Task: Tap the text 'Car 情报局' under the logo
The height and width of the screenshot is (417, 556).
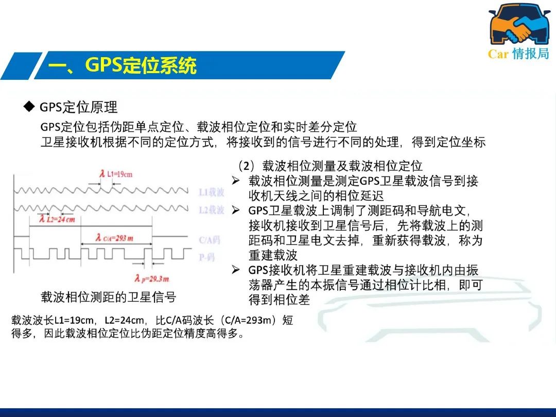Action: (x=518, y=54)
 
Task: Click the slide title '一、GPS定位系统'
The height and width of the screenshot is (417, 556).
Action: (x=123, y=65)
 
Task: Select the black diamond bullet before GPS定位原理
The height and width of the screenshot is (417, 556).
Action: (x=29, y=106)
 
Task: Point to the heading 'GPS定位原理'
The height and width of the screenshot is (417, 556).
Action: (x=78, y=107)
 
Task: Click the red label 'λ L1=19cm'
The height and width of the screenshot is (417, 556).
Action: (x=116, y=174)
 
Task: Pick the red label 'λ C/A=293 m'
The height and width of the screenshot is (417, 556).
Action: (x=114, y=237)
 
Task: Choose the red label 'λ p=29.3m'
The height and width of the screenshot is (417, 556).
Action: (x=152, y=279)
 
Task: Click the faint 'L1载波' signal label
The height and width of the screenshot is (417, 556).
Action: (x=212, y=192)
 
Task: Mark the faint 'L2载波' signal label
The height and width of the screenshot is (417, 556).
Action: (x=212, y=210)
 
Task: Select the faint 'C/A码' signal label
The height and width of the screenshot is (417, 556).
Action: (x=209, y=240)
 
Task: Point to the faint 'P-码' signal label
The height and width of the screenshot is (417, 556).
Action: (x=207, y=257)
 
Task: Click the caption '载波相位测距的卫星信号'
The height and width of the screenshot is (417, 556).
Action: (x=109, y=297)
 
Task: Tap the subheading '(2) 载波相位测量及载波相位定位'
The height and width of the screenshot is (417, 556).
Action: (x=330, y=166)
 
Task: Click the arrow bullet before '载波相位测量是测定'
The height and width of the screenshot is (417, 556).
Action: (x=236, y=181)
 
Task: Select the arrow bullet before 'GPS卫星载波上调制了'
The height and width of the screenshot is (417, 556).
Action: (x=236, y=210)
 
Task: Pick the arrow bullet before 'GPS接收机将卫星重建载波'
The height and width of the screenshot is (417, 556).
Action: (x=236, y=270)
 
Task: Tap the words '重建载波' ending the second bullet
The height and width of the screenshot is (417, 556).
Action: (x=273, y=255)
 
